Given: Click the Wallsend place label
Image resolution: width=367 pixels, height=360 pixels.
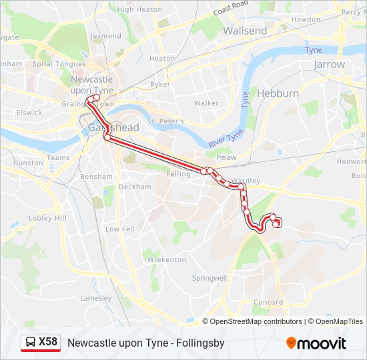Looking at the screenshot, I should click(x=245, y=31).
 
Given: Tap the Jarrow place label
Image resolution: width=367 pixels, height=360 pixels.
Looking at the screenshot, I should click(x=329, y=65).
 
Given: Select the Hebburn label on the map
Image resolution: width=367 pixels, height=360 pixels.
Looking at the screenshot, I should click(x=278, y=93).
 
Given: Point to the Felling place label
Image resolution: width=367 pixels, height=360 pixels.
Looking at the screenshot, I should click(x=178, y=173).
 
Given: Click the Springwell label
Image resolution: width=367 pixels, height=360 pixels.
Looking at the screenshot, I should click(x=210, y=277).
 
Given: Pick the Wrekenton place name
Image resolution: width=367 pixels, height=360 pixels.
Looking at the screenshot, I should click(x=166, y=259).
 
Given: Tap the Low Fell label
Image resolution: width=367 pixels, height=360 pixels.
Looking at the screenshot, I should click(x=120, y=229).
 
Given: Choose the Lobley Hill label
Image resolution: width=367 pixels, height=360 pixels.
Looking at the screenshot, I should click(x=48, y=218).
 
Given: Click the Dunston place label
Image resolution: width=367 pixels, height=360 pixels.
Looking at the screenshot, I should click(x=28, y=163).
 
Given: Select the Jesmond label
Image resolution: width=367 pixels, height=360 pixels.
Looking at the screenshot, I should click(x=106, y=36).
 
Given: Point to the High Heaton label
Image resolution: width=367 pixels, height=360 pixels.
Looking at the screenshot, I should click(x=139, y=10).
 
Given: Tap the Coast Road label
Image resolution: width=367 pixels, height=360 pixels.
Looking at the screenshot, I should click(x=232, y=9).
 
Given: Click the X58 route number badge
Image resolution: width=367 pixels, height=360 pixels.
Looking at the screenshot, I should click(x=47, y=343).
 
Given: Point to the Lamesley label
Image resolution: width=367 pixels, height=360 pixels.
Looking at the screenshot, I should click(x=95, y=298).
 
